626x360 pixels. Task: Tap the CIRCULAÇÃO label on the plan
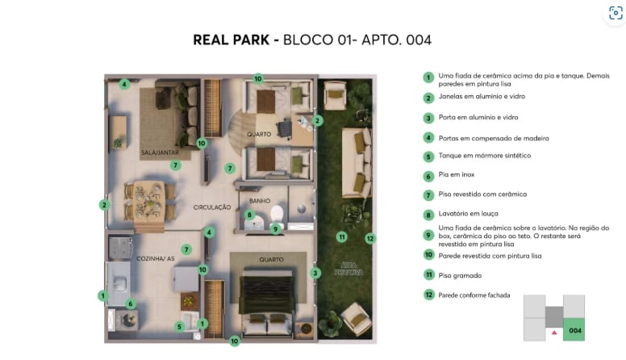pos(211,207)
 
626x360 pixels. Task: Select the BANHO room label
pos(259,201)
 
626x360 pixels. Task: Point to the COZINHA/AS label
pos(156,257)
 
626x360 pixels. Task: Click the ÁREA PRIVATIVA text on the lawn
pos(348,268)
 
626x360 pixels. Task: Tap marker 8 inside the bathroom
pos(249,215)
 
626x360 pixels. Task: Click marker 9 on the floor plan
pos(275,228)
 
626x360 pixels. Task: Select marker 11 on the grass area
pos(342,237)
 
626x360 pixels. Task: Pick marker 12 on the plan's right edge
pos(369,238)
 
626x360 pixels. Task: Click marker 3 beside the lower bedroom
pos(316,273)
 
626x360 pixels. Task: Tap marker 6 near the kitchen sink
pos(131,304)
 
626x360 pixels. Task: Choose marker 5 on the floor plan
pos(179,326)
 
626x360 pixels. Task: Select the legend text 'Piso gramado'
pos(460,275)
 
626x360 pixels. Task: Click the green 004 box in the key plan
pos(574,330)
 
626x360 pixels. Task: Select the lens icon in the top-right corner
pos(616,14)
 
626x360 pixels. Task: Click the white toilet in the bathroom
pos(277,212)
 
